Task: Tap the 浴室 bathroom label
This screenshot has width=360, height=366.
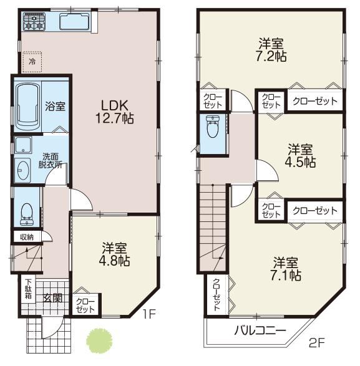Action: point(55,107)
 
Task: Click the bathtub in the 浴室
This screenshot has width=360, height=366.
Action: point(27,105)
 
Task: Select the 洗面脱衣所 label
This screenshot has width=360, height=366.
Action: point(51,161)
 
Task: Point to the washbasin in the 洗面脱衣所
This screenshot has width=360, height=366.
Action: point(24,169)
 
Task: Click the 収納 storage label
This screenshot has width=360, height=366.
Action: point(26,237)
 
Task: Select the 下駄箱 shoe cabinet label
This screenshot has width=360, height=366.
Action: point(28,287)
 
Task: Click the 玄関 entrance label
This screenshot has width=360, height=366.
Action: point(52,298)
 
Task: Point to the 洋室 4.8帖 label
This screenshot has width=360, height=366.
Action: point(116,254)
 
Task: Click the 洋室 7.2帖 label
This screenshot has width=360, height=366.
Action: point(272,50)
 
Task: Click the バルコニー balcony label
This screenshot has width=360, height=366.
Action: point(261,330)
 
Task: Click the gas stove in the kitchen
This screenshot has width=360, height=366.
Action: point(35,24)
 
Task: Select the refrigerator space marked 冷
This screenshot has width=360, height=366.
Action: point(32,61)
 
